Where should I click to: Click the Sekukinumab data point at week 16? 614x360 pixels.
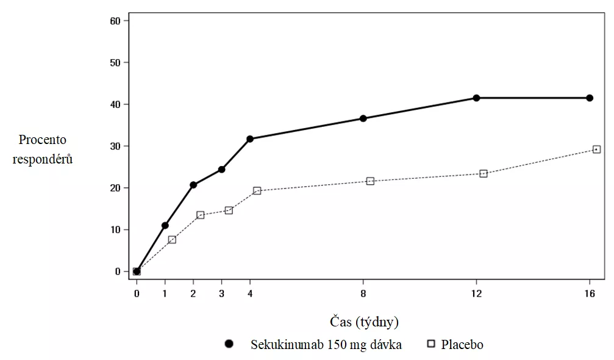pos(590,98)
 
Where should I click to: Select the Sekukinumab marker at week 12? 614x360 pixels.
pos(476,98)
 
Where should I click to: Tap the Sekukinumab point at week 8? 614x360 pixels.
pos(363,118)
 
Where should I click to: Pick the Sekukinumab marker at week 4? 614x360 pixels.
pos(250,139)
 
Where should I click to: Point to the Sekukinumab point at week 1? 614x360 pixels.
pos(165,225)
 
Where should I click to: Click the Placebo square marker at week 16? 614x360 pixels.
pos(596,149)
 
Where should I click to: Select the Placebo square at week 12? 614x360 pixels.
pos(484,173)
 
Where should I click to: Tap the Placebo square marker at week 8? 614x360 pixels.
pos(370,181)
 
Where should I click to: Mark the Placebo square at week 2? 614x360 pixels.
pos(200,215)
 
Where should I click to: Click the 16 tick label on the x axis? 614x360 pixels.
pos(590,293)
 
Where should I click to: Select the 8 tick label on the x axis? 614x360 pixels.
pos(363,293)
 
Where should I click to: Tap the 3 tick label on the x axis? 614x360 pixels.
pos(221,293)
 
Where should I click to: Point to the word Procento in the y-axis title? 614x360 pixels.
pos(42,140)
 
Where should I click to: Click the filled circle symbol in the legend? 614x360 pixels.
pos(229,344)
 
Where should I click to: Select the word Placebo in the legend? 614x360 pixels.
pos(462,345)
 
